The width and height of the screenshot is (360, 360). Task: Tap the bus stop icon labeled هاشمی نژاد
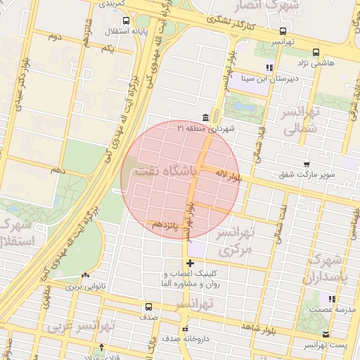click(x=316, y=51)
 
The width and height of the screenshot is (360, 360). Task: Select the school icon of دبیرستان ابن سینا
click(x=269, y=67)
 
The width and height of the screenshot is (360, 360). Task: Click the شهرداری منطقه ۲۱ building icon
click(x=205, y=117)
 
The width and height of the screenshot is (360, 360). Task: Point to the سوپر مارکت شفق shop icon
click(x=306, y=165)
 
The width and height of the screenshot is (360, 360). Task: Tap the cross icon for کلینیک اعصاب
click(x=189, y=264)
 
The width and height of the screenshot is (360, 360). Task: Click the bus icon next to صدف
click(x=148, y=307)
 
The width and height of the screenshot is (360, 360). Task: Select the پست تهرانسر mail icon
click(x=325, y=335)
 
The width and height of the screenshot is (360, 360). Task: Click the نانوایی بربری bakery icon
click(x=86, y=276)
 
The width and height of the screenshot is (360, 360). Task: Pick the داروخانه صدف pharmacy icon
click(x=184, y=328)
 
